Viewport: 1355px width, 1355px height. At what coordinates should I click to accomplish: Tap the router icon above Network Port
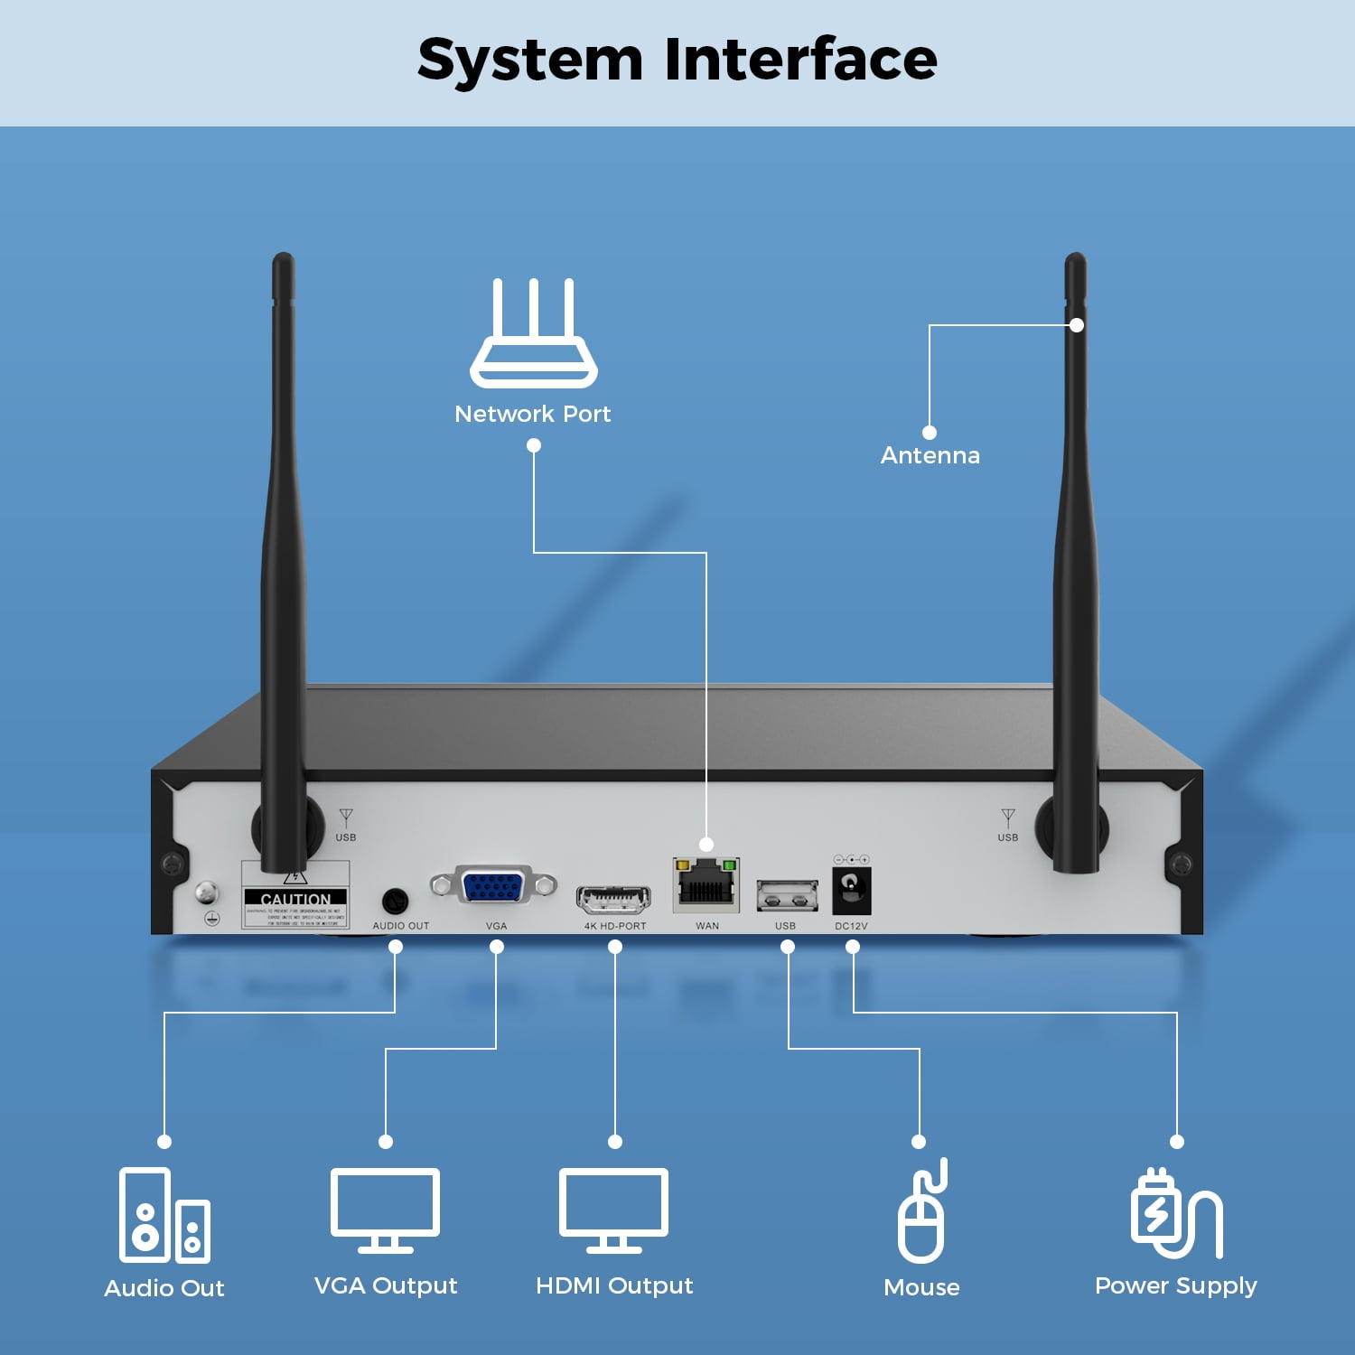(x=533, y=333)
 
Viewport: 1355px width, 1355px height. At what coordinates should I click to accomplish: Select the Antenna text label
(x=930, y=455)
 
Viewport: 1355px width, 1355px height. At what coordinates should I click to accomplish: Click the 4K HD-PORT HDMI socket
(x=613, y=900)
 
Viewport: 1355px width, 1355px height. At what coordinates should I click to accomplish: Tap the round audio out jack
(x=395, y=901)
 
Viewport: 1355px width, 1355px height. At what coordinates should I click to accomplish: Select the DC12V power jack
(x=851, y=889)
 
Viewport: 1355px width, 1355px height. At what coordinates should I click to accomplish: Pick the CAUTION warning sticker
(x=295, y=896)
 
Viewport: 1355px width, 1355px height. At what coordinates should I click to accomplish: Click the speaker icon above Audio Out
(x=164, y=1215)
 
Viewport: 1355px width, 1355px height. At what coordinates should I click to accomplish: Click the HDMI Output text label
(x=614, y=1285)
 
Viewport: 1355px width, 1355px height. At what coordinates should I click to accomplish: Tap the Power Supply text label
(x=1175, y=1285)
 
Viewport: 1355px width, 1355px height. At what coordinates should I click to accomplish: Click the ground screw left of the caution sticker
(x=207, y=893)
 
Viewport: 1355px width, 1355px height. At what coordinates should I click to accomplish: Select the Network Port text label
(x=532, y=414)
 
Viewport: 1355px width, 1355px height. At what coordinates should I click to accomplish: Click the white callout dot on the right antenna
(x=1076, y=325)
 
